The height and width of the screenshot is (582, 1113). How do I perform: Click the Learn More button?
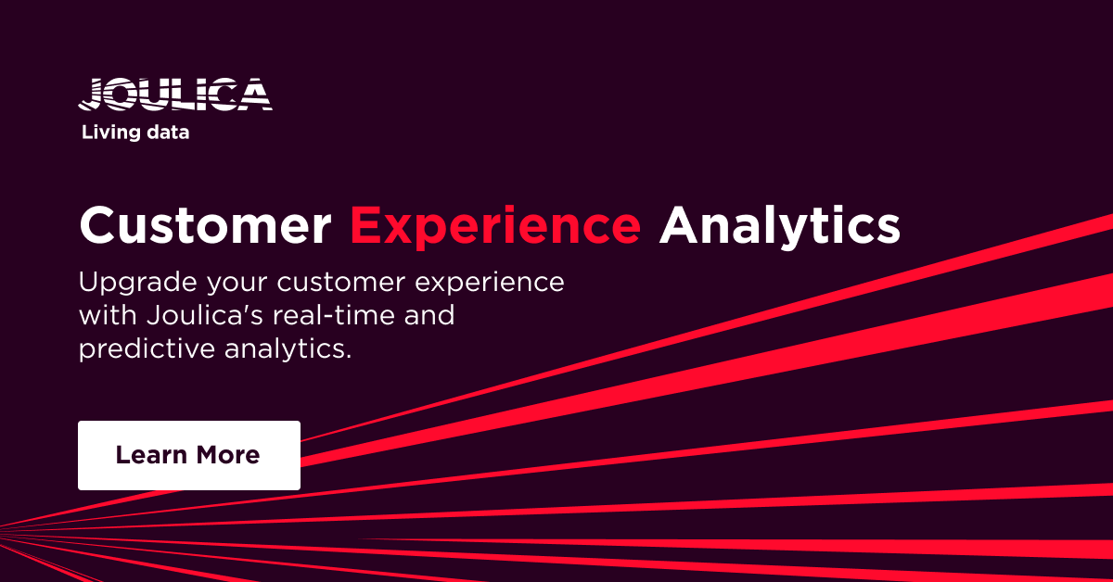[188, 455]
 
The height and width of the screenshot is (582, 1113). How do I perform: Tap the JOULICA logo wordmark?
[175, 95]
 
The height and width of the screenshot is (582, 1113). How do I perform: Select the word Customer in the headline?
[205, 225]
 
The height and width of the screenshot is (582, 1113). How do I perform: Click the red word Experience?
[495, 225]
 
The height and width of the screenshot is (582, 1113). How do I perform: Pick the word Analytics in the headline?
[779, 225]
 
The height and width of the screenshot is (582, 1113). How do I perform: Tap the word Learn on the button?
[151, 455]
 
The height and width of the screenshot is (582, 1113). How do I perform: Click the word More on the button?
[228, 455]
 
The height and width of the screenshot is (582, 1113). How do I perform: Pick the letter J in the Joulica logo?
[93, 95]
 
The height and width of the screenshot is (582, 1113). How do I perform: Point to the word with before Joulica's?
[107, 315]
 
